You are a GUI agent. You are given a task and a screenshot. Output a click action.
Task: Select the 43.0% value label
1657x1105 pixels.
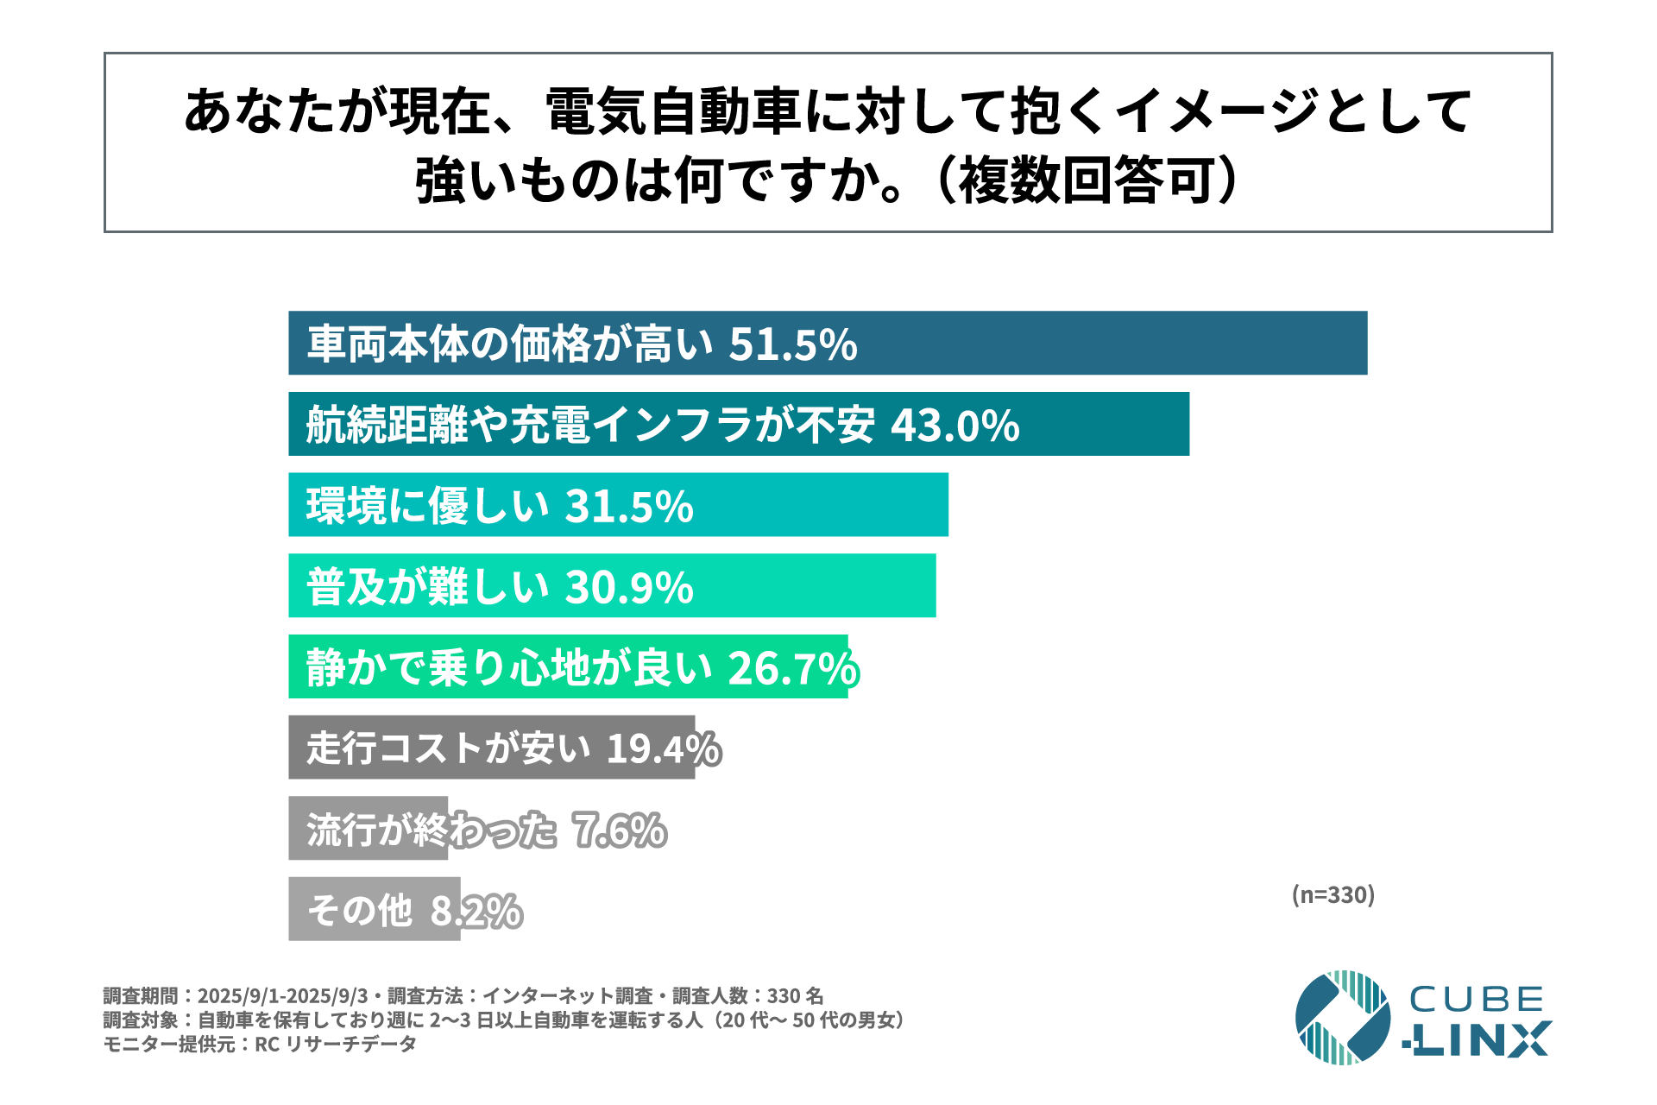click(955, 426)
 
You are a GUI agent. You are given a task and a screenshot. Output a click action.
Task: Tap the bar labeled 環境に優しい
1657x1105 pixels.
click(820, 505)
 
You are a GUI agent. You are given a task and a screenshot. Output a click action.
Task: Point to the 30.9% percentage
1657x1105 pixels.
click(629, 587)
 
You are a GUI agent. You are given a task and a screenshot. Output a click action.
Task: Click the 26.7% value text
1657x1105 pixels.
click(792, 668)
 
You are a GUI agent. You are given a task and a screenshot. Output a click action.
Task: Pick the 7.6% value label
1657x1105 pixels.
click(620, 830)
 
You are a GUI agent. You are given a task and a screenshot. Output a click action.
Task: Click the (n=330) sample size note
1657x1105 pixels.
click(1333, 894)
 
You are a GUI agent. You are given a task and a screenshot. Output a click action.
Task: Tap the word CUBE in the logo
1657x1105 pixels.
click(1476, 1000)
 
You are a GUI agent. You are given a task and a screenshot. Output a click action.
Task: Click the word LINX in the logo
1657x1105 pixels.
click(1477, 1040)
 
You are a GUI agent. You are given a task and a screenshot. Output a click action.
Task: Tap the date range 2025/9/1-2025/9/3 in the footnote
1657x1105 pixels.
click(282, 995)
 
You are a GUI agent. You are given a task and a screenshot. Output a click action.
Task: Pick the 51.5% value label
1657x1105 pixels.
click(792, 344)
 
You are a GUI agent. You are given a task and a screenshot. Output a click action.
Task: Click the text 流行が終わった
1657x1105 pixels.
click(432, 830)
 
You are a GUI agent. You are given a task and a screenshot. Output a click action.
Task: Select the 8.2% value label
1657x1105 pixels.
click(476, 911)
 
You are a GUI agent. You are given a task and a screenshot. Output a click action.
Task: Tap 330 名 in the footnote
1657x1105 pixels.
click(795, 995)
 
